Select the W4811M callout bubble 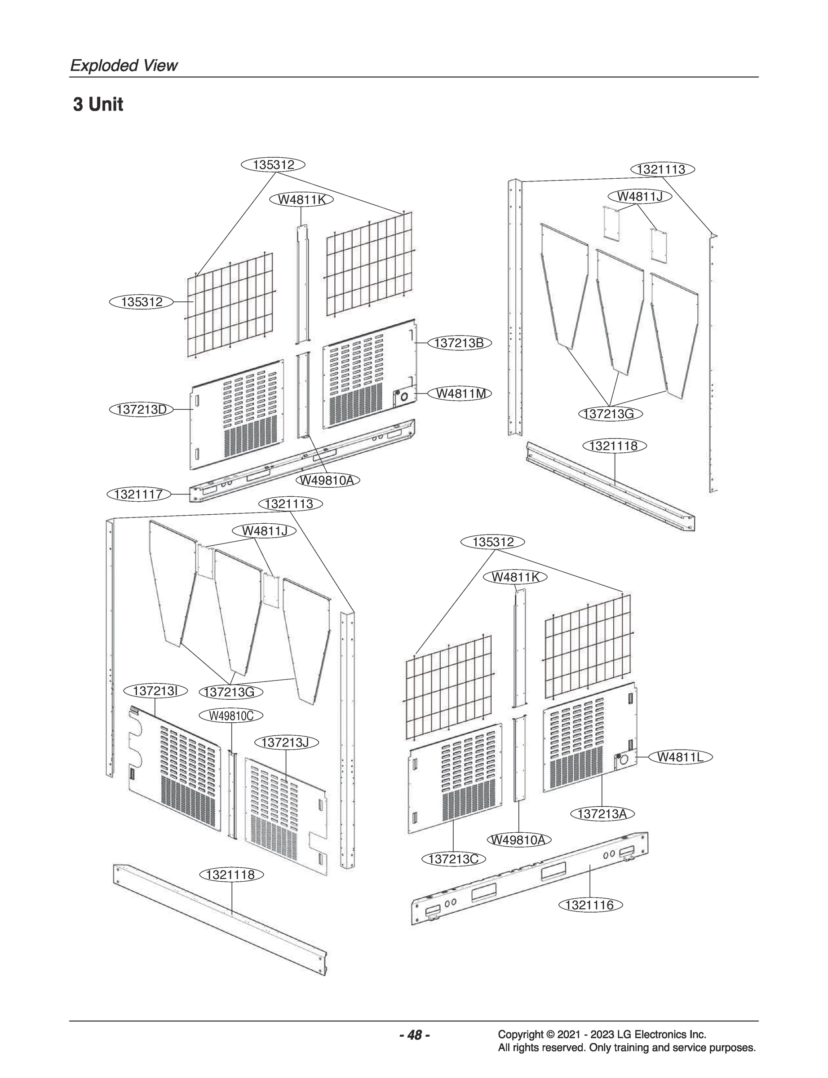(461, 393)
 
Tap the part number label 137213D (142, 410)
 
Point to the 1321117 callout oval (138, 494)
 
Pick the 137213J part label (286, 742)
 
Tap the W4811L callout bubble (681, 757)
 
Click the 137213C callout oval (453, 859)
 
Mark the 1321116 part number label (590, 905)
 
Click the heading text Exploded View (124, 66)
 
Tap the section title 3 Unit (98, 105)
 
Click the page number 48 (415, 1035)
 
